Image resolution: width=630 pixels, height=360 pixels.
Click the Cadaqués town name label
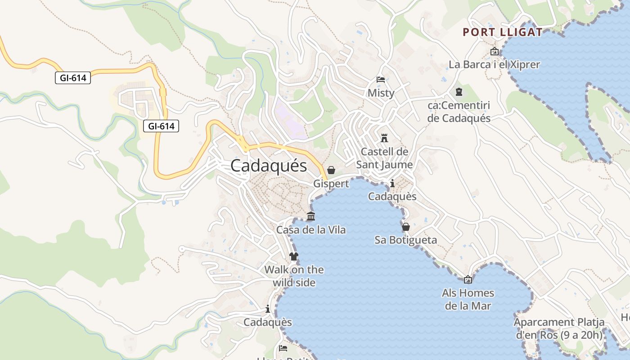tap(269, 166)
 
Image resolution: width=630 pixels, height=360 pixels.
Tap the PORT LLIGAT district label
tap(503, 32)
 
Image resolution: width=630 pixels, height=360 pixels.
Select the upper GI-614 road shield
tap(73, 78)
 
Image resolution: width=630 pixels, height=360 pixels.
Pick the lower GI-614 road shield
tap(161, 126)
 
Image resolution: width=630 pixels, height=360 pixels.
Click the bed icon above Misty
tap(381, 80)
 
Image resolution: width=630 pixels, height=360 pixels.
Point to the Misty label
tap(381, 93)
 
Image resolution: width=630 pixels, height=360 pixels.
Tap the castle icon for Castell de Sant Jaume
tap(384, 138)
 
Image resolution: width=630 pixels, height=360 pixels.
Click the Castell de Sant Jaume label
tap(384, 158)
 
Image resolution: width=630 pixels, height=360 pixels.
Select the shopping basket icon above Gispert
tap(331, 170)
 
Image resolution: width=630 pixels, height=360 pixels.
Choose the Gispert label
tap(331, 184)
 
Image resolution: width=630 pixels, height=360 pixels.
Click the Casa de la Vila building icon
tap(310, 216)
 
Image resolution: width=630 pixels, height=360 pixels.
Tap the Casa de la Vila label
tap(311, 230)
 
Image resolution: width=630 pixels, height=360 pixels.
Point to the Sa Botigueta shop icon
tap(405, 227)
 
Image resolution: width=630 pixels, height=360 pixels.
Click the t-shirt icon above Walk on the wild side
tap(294, 256)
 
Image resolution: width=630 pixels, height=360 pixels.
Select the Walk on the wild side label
tap(294, 276)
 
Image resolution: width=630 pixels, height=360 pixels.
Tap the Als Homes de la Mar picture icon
tap(468, 279)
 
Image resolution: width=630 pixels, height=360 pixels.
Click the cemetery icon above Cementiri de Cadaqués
tap(459, 92)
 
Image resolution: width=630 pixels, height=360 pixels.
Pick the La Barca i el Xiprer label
tap(494, 65)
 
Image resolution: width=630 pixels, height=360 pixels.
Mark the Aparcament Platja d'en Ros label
tap(559, 328)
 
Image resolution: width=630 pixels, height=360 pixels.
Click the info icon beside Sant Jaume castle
tap(392, 183)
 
